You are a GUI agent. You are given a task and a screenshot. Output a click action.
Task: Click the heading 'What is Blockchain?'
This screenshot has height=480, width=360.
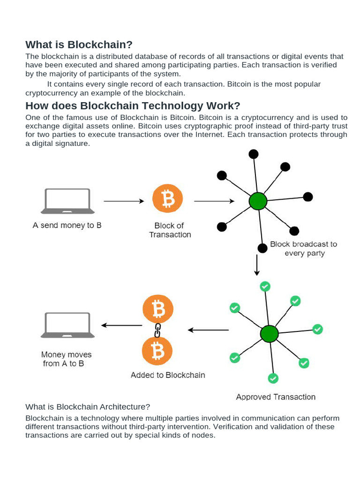click(x=79, y=45)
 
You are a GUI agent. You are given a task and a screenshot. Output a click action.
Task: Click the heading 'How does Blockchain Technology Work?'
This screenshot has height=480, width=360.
click(x=133, y=105)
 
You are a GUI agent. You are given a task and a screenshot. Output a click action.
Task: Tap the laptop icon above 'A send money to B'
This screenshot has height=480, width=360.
click(x=67, y=201)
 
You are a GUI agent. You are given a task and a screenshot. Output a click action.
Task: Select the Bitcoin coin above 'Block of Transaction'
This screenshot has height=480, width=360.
click(x=167, y=199)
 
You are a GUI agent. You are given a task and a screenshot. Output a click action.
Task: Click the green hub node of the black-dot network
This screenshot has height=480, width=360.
click(x=257, y=201)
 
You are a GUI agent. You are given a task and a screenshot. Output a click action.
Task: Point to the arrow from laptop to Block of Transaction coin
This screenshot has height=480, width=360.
click(x=124, y=201)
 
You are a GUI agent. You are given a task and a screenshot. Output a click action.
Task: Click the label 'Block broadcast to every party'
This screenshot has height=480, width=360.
click(x=303, y=248)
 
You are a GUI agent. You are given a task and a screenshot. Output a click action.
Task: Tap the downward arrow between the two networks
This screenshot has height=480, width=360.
click(x=256, y=265)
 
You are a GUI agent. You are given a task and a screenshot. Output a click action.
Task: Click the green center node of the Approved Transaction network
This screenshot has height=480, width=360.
click(x=269, y=334)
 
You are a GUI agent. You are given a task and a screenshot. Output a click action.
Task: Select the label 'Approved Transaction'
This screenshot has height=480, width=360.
click(x=276, y=397)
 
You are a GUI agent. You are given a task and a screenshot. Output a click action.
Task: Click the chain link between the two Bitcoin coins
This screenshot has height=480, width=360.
click(x=158, y=330)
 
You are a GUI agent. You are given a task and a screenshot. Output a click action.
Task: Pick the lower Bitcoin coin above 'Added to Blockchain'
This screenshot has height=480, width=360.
click(x=157, y=351)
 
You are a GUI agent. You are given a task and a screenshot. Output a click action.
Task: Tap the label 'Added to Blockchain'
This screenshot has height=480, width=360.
click(x=168, y=375)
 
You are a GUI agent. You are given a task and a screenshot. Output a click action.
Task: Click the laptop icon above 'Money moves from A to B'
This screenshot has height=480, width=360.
click(x=67, y=325)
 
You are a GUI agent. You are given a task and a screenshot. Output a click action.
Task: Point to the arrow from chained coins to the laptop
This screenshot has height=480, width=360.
click(x=121, y=325)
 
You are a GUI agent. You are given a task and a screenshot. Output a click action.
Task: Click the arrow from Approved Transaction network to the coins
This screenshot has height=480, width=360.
click(x=208, y=330)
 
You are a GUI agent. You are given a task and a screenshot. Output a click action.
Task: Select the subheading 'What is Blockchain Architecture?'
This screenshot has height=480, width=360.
click(x=88, y=406)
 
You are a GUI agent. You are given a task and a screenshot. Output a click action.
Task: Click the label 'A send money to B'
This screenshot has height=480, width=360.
click(x=67, y=225)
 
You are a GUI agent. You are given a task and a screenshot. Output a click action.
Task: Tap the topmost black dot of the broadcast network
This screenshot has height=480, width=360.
click(x=253, y=154)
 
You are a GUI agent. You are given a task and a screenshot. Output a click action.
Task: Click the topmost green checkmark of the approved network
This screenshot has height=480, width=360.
click(x=265, y=286)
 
